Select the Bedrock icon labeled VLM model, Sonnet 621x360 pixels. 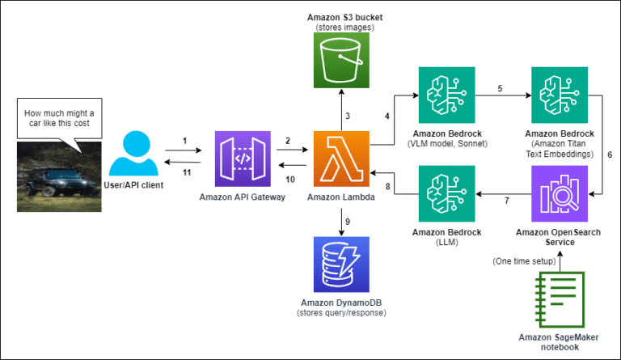[446, 95]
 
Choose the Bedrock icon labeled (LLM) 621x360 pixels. [446, 197]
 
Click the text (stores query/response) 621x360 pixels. [340, 312]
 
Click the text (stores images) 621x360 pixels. [340, 28]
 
